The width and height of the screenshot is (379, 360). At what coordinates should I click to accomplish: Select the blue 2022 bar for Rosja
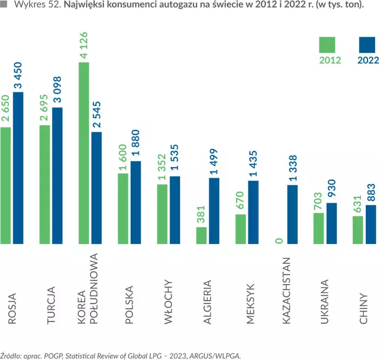tap(19, 168)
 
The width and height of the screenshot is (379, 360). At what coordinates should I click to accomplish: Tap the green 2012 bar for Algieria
tap(201, 235)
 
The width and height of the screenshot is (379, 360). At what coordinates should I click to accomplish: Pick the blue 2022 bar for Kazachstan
tap(293, 214)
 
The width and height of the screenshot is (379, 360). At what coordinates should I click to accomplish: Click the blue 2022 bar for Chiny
tap(371, 224)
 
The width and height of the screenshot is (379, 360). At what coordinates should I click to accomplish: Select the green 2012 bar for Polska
tap(123, 208)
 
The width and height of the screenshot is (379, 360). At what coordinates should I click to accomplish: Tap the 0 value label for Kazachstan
tap(280, 240)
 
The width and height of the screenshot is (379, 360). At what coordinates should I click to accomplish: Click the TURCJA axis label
tap(51, 305)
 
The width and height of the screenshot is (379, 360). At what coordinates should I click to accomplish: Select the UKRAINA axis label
tap(325, 302)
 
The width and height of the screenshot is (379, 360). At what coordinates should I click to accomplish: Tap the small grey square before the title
tap(4, 6)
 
